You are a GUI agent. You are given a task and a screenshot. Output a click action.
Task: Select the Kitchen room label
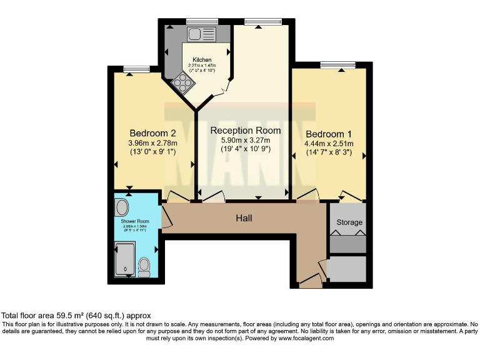(x=202, y=60)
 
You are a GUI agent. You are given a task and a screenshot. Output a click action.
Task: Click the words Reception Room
(x=245, y=131)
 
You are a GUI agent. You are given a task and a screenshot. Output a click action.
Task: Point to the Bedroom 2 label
(x=152, y=133)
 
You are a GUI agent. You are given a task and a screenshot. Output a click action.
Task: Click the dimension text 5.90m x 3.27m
(x=245, y=141)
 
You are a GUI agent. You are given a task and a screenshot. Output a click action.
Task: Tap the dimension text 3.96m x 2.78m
(x=152, y=143)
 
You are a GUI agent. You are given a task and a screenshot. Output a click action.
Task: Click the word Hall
(x=244, y=218)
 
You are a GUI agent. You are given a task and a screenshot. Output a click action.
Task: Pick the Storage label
(x=349, y=222)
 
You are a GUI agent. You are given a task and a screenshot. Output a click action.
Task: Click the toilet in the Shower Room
(x=144, y=267)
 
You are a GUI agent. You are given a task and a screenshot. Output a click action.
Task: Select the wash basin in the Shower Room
(x=122, y=207)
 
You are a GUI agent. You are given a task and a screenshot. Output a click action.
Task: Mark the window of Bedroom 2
(x=132, y=68)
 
